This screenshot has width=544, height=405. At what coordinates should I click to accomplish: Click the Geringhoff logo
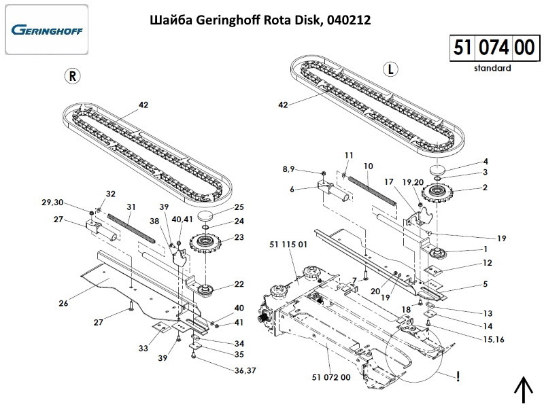pyautogui.click(x=46, y=30)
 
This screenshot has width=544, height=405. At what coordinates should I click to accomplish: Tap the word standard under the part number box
pyautogui.click(x=492, y=68)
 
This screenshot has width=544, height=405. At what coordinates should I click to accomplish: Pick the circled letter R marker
pyautogui.click(x=73, y=75)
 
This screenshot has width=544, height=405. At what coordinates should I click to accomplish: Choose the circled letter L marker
pyautogui.click(x=390, y=69)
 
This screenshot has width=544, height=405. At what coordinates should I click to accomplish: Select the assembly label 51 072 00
pyautogui.click(x=330, y=377)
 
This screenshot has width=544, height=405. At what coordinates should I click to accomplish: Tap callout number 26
pyautogui.click(x=63, y=303)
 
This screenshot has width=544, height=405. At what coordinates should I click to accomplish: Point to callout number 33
pyautogui.click(x=143, y=348)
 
